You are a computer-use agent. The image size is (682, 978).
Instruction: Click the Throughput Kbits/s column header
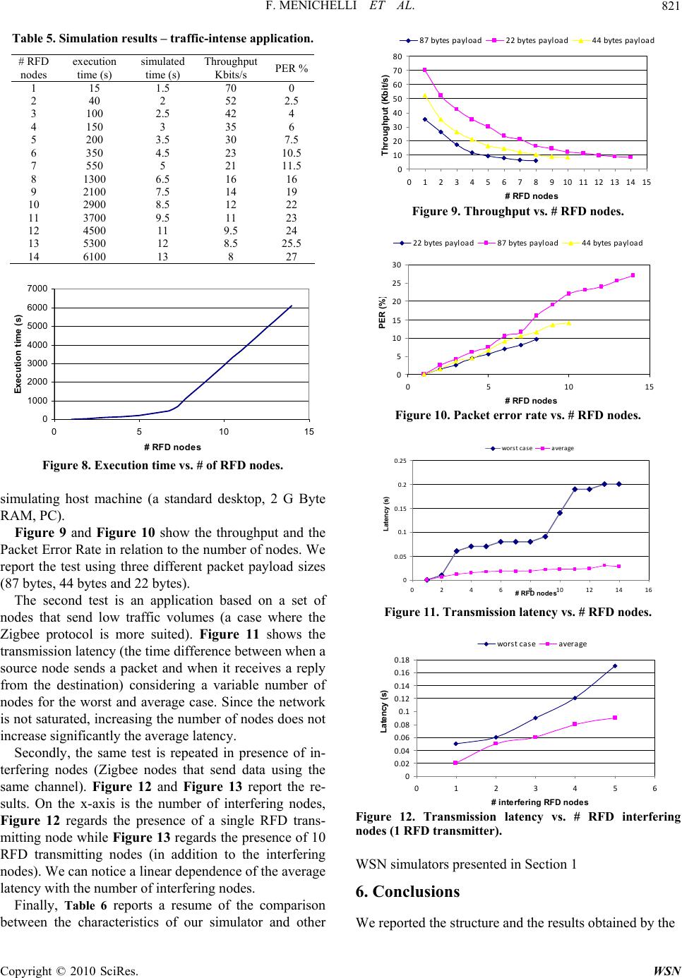point(231,68)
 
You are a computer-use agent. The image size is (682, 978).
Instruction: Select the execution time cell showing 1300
point(95,179)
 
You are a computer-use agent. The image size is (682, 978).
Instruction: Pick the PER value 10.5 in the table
point(292,153)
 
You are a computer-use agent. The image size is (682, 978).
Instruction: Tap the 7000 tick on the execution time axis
point(38,289)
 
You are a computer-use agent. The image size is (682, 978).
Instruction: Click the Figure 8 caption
point(162,466)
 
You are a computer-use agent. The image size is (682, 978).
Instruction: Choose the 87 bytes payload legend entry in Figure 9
point(441,41)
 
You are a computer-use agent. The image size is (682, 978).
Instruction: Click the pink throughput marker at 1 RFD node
point(425,70)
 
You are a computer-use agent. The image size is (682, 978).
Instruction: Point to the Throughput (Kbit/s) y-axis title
point(385,115)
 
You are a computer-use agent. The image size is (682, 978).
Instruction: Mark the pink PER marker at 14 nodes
point(633,275)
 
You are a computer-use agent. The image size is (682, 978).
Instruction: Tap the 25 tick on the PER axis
point(396,283)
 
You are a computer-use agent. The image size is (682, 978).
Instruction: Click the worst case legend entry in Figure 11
point(508,448)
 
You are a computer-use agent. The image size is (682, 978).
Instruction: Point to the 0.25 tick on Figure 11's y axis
point(400,461)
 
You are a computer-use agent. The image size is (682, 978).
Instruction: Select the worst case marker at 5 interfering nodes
point(615,666)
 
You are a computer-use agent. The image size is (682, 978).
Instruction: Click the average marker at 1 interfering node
point(455,763)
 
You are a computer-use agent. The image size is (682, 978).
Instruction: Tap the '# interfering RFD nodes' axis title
point(539,802)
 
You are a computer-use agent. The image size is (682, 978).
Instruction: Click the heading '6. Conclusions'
point(407,891)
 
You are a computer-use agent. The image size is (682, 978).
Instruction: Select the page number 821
point(671,6)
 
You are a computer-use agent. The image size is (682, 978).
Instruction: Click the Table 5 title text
point(162,38)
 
